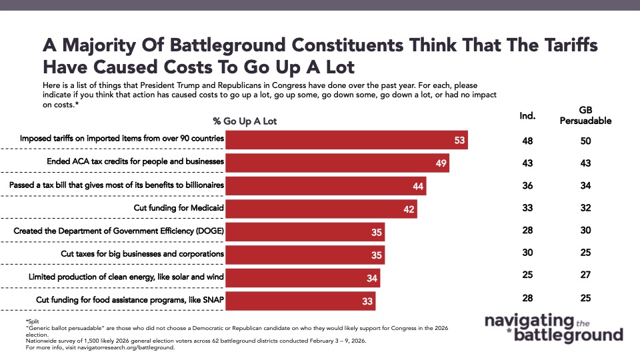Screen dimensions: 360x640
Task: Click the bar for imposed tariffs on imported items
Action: [x=346, y=140]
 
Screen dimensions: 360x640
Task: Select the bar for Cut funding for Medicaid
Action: [x=321, y=209]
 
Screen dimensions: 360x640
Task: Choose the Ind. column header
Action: [x=527, y=116]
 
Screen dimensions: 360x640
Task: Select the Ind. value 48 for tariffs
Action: [x=527, y=141]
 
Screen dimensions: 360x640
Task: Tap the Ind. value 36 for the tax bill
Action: [x=527, y=186]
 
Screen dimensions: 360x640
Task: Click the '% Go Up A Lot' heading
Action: [x=245, y=121]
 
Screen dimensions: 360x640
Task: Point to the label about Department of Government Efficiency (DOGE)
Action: [x=118, y=231]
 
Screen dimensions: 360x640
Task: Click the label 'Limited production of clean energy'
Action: [x=125, y=277]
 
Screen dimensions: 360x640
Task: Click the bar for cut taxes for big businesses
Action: [x=305, y=255]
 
